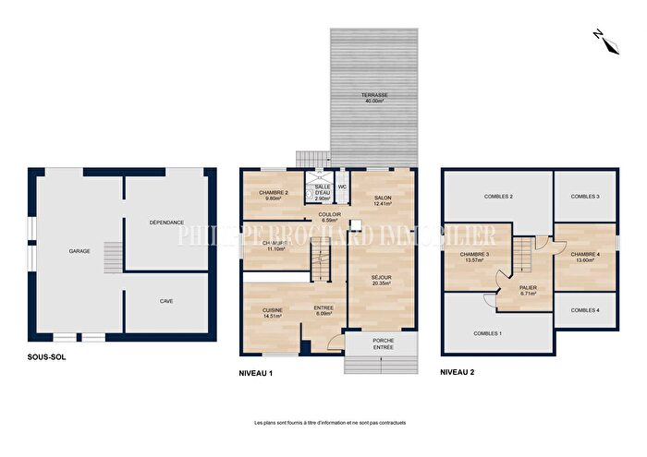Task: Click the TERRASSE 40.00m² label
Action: click(374, 99)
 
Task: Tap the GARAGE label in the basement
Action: click(79, 250)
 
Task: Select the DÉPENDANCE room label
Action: click(166, 222)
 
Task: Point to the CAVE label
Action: click(166, 301)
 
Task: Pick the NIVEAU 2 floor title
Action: click(458, 373)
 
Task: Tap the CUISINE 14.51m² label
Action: click(272, 312)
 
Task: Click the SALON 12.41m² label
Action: click(383, 201)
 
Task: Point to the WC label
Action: click(342, 186)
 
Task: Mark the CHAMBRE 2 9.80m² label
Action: click(272, 195)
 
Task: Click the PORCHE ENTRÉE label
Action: click(382, 343)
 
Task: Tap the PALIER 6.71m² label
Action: click(527, 290)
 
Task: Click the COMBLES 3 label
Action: click(584, 196)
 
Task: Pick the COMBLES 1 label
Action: click(487, 332)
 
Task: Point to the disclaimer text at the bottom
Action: click(330, 423)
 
